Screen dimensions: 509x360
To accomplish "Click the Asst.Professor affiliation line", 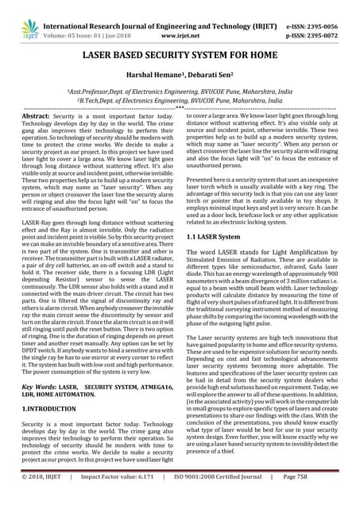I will [x=180, y=91].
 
